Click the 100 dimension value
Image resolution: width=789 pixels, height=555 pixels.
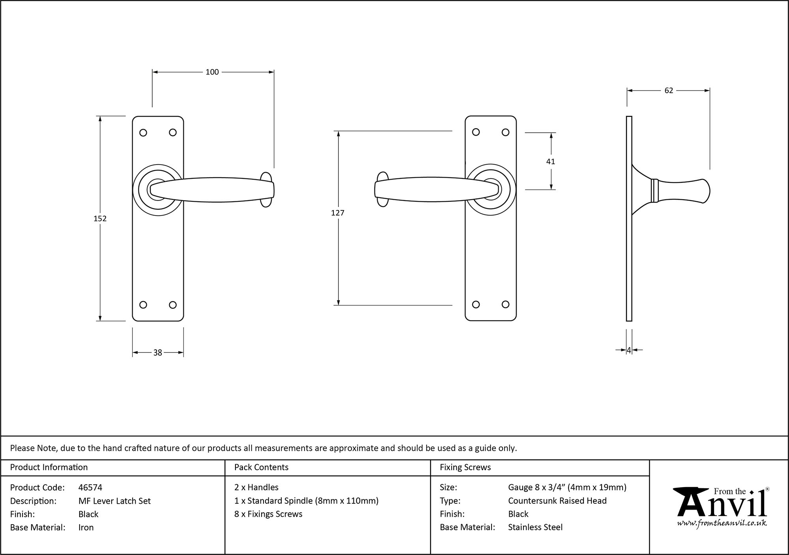click(212, 72)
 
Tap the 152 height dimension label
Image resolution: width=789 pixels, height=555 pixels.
click(100, 218)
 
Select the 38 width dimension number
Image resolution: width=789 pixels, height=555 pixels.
click(157, 352)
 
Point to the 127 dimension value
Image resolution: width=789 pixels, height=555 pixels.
click(338, 213)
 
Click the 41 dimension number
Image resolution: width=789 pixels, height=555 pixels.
click(550, 161)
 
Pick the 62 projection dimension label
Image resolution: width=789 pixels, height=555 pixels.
click(669, 90)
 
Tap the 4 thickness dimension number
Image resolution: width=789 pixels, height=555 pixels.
click(629, 350)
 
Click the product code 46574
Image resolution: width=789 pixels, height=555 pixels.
click(90, 487)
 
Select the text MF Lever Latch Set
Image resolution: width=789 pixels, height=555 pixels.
click(114, 501)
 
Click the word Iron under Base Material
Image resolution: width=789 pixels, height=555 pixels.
click(86, 527)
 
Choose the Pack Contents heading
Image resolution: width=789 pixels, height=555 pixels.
click(261, 467)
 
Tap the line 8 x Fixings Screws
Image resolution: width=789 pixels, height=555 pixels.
click(268, 514)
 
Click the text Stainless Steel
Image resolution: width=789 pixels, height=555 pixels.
click(535, 527)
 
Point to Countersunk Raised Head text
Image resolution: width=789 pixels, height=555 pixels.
click(557, 501)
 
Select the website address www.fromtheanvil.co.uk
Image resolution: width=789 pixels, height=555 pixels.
click(722, 523)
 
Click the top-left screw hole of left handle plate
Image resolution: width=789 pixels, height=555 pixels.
click(143, 133)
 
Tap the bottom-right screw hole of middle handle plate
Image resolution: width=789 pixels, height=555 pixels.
click(505, 304)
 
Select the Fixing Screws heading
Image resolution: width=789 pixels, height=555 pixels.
click(465, 467)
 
